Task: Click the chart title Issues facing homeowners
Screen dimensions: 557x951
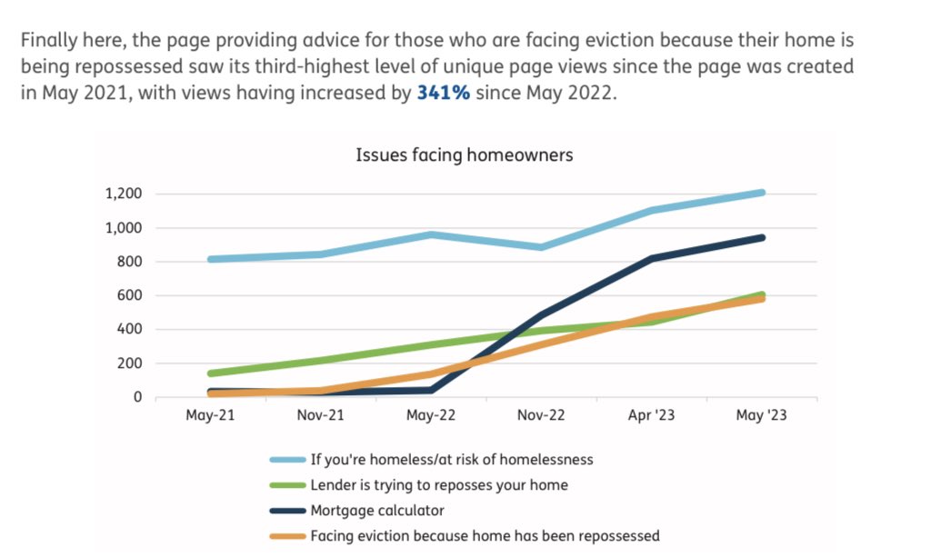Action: [x=464, y=155]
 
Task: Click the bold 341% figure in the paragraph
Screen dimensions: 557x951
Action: [x=443, y=94]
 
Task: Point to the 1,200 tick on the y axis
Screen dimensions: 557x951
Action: [x=123, y=194]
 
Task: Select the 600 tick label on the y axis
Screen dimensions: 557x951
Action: [x=129, y=295]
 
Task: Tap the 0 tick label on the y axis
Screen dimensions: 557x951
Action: [x=138, y=397]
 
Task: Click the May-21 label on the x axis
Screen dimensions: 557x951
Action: [x=210, y=416]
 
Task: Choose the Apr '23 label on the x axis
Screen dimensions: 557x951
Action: [x=651, y=416]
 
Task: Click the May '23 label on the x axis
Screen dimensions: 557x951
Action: [x=760, y=416]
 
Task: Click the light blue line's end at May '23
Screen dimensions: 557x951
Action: [x=761, y=193]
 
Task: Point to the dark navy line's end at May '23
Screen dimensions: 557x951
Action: [x=761, y=238]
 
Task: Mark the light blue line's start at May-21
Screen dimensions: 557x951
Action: [x=211, y=259]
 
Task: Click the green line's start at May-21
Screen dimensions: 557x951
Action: [x=211, y=373]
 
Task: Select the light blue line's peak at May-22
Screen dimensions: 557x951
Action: [x=431, y=234]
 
